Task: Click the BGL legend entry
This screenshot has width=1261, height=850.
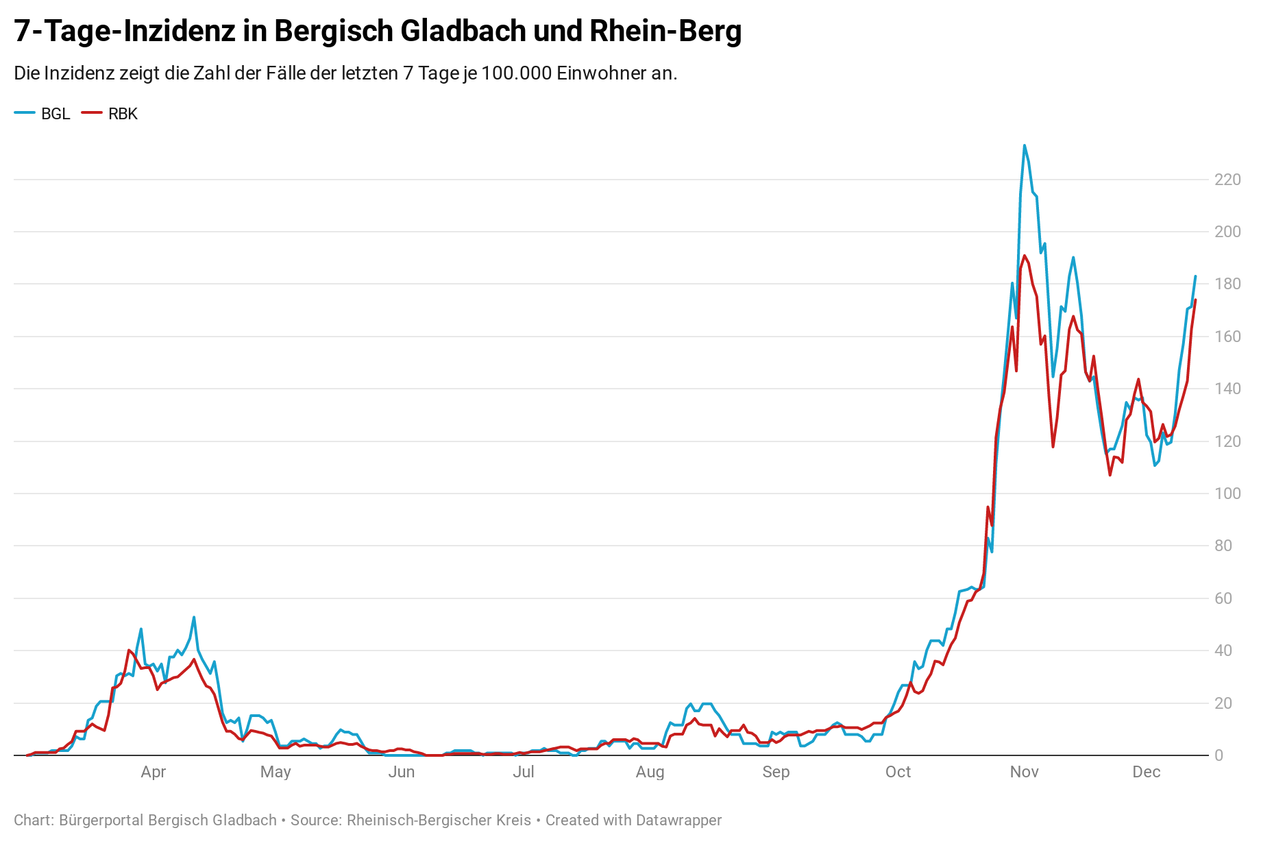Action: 42,114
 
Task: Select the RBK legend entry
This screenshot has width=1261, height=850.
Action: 110,114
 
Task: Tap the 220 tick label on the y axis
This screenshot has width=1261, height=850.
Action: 1227,180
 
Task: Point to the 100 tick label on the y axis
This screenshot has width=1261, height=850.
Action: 1227,494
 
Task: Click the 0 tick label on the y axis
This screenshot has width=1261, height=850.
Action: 1219,755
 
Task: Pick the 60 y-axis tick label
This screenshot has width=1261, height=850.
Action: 1223,598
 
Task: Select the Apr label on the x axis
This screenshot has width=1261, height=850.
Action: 154,772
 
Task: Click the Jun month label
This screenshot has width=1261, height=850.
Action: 402,772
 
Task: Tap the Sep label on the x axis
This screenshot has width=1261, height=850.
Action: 776,772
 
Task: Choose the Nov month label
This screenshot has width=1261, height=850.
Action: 1024,772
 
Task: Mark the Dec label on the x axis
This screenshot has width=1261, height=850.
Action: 1146,772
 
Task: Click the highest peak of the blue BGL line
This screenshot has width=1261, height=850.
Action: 1025,145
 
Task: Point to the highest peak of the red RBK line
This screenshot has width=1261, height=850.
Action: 1025,256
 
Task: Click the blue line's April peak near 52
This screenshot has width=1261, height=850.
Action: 194,617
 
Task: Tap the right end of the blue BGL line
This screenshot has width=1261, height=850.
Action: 1195,276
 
